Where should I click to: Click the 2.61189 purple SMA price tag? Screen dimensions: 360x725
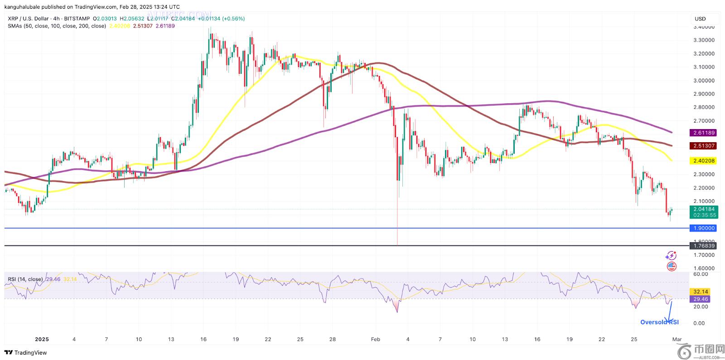(703, 133)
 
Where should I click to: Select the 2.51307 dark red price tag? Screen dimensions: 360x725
(703, 146)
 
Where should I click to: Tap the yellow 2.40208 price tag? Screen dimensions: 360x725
(703, 161)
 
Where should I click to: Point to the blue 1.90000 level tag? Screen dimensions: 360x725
(703, 228)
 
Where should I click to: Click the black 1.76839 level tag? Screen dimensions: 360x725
(703, 246)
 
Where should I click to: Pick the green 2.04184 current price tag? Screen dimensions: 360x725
(703, 212)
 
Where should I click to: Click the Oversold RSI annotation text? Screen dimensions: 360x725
(659, 322)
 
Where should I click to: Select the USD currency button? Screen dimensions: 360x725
(700, 19)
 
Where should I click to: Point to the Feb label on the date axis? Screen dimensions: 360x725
(375, 339)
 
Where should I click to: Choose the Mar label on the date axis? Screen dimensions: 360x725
(677, 339)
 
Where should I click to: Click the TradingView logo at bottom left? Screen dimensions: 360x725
(26, 353)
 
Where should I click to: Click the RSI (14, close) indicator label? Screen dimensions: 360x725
(25, 279)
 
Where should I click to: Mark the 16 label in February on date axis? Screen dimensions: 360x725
(537, 339)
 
